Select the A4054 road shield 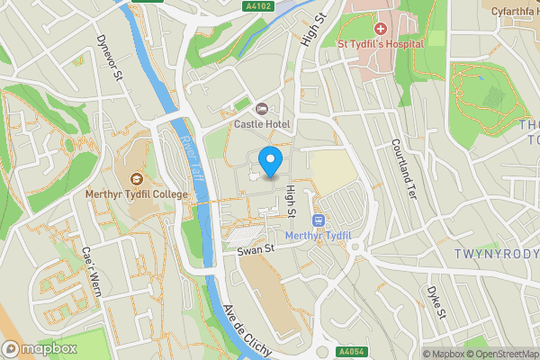coord(352,352)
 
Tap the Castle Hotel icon coord(262,108)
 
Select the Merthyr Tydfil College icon coord(136,179)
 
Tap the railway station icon coord(317,220)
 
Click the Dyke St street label coord(436,302)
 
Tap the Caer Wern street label coord(92,272)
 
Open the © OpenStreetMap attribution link coord(499,354)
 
